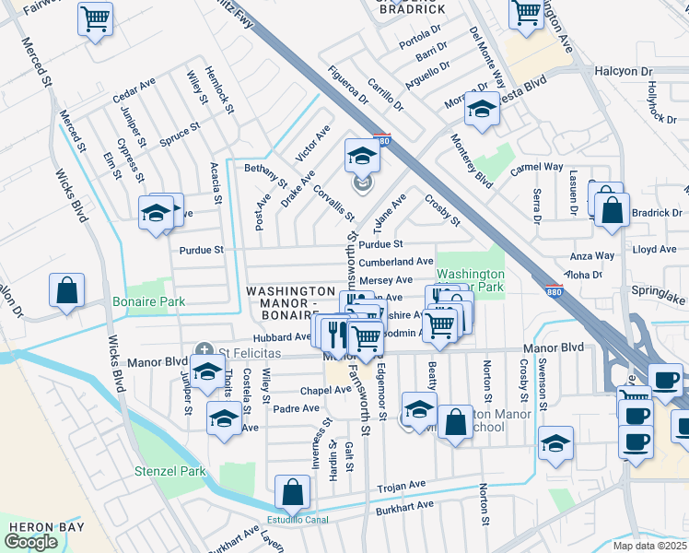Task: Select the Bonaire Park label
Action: click(148, 301)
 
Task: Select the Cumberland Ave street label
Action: click(396, 262)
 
